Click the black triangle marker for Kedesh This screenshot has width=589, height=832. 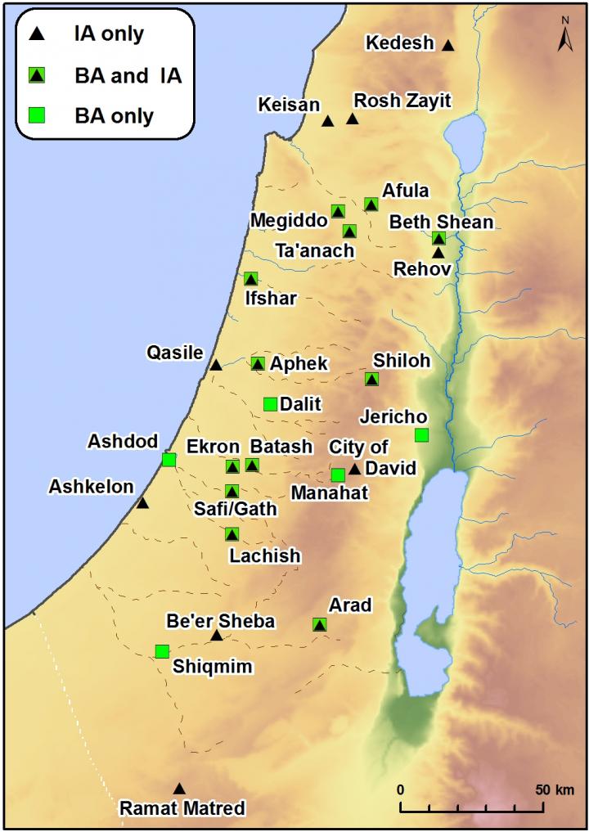[447, 45]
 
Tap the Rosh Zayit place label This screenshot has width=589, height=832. [402, 100]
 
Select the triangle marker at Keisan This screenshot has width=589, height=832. [327, 121]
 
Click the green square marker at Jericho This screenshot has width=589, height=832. [421, 434]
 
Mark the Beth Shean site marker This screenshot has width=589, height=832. [438, 239]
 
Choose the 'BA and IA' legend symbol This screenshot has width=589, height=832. [36, 75]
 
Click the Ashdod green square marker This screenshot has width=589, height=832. [169, 460]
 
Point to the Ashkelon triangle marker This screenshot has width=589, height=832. [142, 503]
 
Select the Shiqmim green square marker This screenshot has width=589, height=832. [162, 651]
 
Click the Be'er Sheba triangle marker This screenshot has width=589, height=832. [217, 635]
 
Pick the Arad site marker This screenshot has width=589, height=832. [319, 624]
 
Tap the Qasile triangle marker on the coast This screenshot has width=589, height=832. [216, 365]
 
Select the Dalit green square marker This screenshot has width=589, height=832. [270, 403]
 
